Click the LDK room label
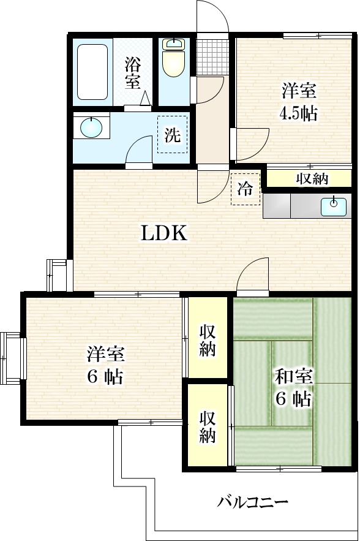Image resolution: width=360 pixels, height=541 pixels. tap(163, 233)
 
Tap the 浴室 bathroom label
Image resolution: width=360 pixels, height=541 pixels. tap(132, 72)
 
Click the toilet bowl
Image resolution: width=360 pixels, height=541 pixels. tap(174, 59)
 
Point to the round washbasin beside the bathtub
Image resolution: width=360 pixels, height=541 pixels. tap(91, 128)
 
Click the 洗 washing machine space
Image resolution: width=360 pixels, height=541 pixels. tap(173, 135)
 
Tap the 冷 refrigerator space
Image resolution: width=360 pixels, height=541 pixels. tap(245, 189)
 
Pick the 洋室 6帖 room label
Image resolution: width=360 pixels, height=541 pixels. tap(105, 365)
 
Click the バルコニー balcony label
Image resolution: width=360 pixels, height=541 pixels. tap(253, 503)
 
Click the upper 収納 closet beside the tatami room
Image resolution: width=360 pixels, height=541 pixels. tap(207, 340)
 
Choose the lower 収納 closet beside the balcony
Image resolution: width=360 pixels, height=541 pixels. tap(207, 427)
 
